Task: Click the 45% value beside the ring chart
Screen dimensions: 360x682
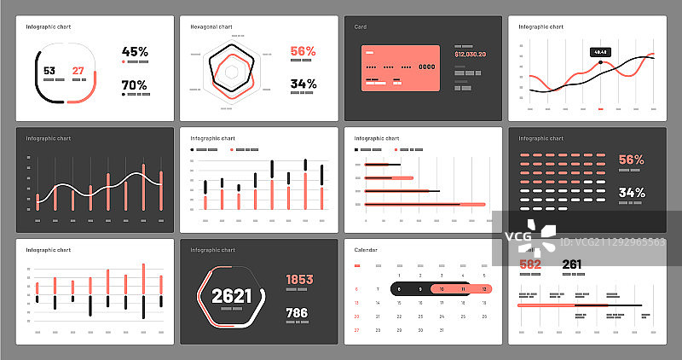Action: point(135,51)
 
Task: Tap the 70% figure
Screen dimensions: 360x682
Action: point(135,84)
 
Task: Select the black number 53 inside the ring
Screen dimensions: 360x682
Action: point(49,71)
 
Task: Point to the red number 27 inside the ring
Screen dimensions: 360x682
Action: point(78,71)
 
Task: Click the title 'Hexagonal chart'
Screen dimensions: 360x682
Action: point(211,26)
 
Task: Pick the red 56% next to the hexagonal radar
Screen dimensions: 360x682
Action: point(303,51)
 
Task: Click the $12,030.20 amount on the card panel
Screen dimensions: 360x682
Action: point(470,54)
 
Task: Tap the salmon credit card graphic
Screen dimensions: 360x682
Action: point(401,68)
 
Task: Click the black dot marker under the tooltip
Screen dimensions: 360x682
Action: point(600,62)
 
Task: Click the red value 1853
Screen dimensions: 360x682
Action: point(299,279)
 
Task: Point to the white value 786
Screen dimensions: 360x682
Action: point(296,313)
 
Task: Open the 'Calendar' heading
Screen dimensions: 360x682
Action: point(365,250)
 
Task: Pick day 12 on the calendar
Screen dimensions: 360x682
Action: point(484,289)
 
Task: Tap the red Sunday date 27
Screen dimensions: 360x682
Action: point(356,329)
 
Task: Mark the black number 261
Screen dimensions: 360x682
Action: point(571,264)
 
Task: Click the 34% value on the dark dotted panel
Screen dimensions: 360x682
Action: point(632,192)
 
